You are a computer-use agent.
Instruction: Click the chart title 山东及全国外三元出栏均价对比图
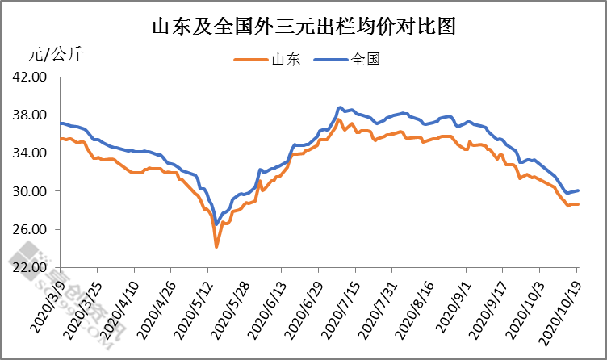304,27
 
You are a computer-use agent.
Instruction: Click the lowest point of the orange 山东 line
216,246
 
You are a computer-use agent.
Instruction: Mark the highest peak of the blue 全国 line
340,107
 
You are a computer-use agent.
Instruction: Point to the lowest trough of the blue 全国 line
216,224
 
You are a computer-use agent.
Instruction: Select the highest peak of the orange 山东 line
339,119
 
